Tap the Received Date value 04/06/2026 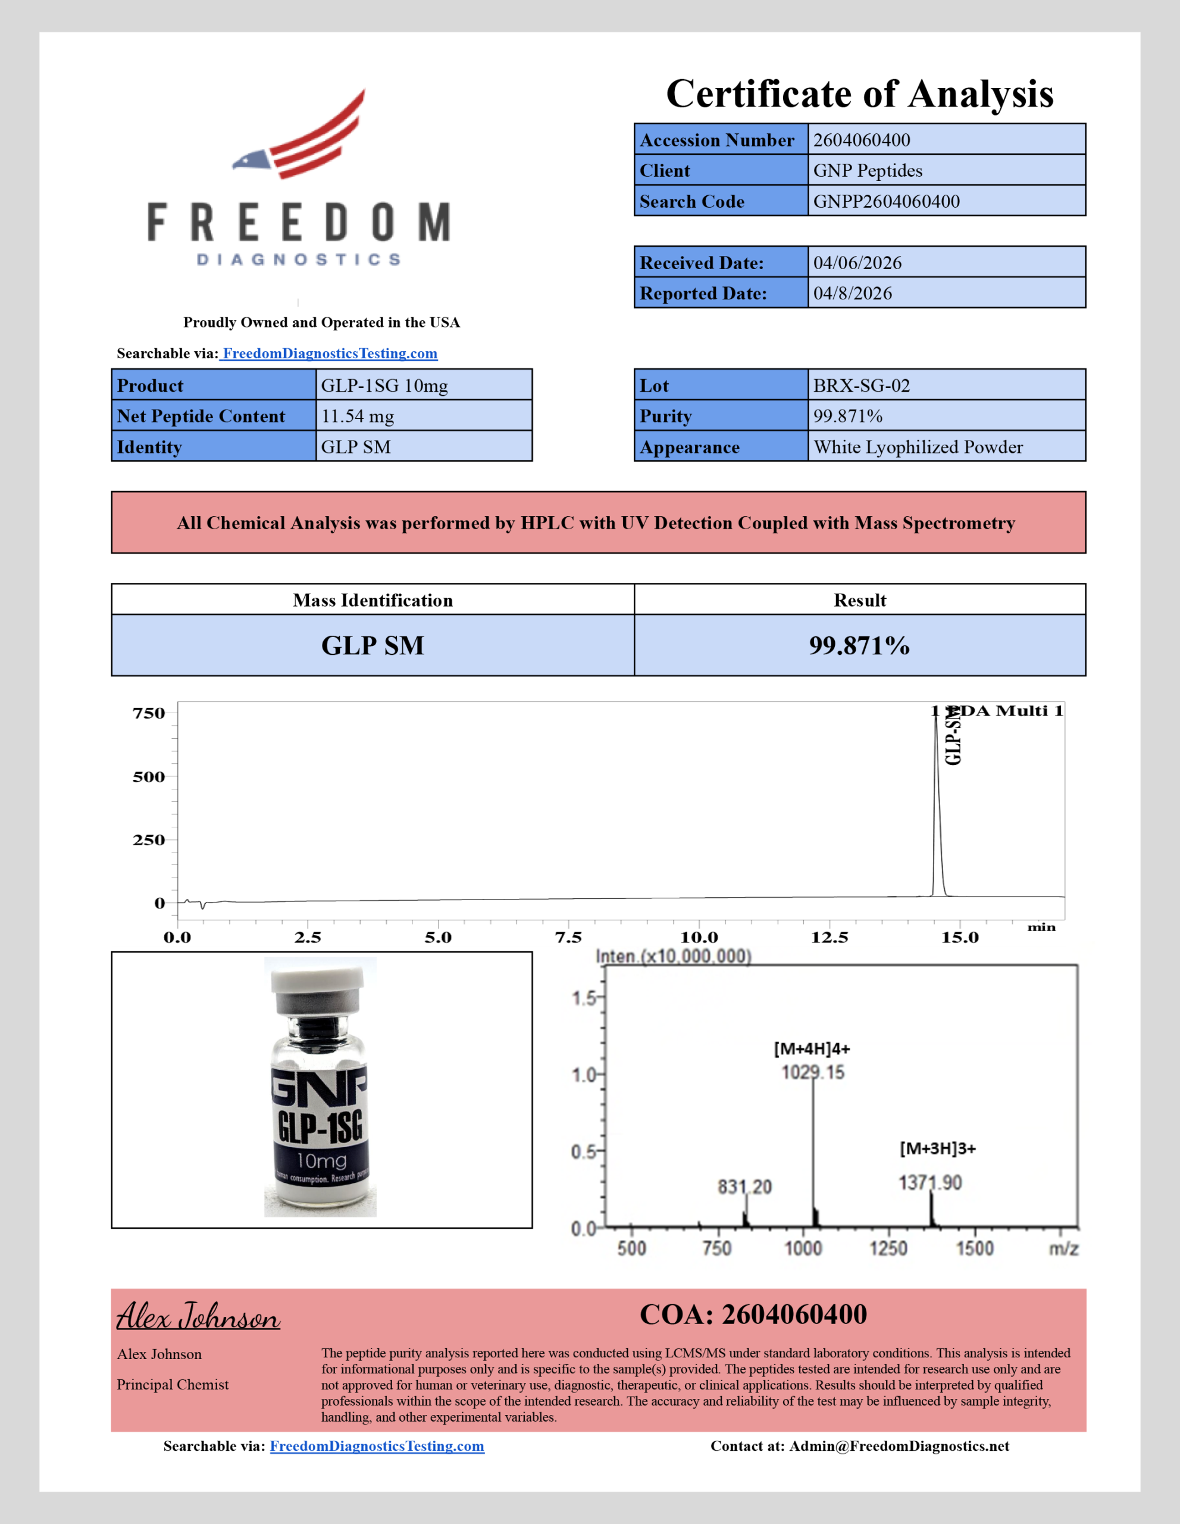tap(857, 263)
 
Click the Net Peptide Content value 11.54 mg tap(357, 417)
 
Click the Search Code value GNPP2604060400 tap(887, 202)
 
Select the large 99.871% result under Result tap(859, 645)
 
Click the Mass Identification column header tap(373, 600)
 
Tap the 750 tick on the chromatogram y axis tap(149, 713)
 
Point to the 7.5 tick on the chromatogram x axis tap(568, 937)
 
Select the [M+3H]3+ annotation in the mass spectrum tap(937, 1148)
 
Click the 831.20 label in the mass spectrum tap(745, 1187)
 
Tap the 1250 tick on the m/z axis tap(888, 1248)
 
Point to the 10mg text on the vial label tap(321, 1160)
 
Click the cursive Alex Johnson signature tap(198, 1317)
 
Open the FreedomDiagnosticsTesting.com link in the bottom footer tap(377, 1446)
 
